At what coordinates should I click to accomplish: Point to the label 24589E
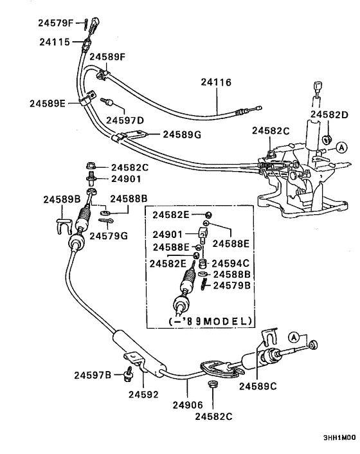click(x=48, y=103)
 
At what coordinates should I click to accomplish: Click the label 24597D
click(x=125, y=120)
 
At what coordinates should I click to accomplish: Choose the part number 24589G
click(x=182, y=134)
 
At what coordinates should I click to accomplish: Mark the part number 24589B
click(x=62, y=199)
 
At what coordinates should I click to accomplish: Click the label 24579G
click(x=108, y=236)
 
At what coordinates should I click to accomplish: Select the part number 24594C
click(x=231, y=263)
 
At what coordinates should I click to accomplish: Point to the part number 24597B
click(x=93, y=375)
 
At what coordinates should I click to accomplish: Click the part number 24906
click(x=187, y=405)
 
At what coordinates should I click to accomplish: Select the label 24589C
click(x=258, y=386)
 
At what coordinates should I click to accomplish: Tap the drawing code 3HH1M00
click(x=338, y=436)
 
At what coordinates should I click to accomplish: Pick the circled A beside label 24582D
click(x=341, y=147)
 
